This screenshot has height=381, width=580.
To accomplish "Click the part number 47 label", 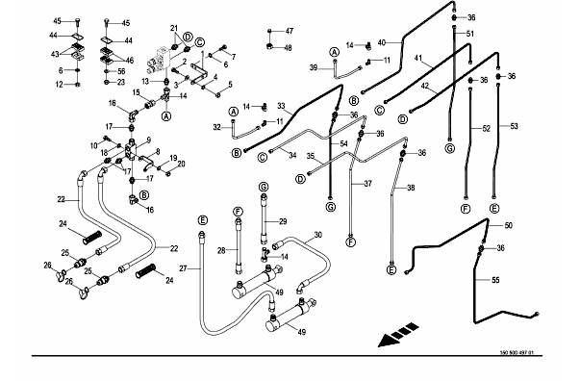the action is [x=290, y=31].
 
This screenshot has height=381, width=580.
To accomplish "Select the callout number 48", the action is [x=288, y=48].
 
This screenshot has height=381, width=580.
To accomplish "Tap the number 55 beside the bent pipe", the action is [x=495, y=280].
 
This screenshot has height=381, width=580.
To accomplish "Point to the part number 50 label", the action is [x=509, y=225].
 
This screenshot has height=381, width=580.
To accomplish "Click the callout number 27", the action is [x=183, y=268].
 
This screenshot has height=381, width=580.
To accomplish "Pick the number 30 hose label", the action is [x=318, y=235].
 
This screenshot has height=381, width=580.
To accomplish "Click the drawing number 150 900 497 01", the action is [x=517, y=352].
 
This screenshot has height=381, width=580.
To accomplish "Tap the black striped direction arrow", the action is [x=398, y=335].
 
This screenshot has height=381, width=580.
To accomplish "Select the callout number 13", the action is [x=145, y=81].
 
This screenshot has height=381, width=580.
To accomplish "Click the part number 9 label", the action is [x=149, y=140].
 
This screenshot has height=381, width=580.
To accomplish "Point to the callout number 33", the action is [x=281, y=106].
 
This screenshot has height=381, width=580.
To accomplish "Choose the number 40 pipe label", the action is [x=381, y=43].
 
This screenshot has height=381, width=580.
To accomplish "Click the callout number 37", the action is [x=367, y=184].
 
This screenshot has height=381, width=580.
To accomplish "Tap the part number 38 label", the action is [x=411, y=188].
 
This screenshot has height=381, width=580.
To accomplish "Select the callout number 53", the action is [x=515, y=126].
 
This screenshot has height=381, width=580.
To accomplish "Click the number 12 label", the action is [x=60, y=85].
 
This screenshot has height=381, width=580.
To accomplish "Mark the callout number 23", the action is [x=121, y=82].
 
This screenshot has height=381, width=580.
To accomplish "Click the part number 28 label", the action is [x=221, y=251].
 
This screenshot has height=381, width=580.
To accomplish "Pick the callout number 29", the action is [x=283, y=221].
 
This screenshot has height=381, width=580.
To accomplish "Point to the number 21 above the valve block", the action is [x=174, y=28].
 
